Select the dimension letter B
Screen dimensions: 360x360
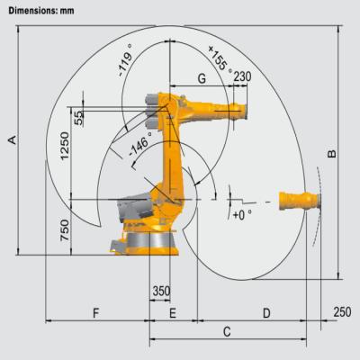(x=332, y=154)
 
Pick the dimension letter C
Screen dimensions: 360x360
(x=227, y=332)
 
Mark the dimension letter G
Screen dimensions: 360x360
(x=202, y=79)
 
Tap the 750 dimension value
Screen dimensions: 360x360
(x=64, y=231)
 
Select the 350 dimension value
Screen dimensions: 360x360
(x=160, y=292)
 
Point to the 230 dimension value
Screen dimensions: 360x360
(x=241, y=77)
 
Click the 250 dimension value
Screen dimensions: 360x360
(x=341, y=312)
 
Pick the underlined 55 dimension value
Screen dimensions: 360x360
(x=79, y=117)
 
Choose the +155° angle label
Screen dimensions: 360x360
(x=220, y=57)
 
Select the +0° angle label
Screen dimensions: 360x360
(x=242, y=216)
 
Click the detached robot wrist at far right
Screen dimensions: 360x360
(x=297, y=199)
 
